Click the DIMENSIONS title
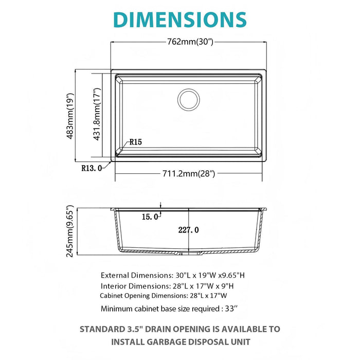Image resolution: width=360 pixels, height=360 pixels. (x=179, y=19)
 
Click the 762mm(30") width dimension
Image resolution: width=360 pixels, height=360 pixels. (x=189, y=42)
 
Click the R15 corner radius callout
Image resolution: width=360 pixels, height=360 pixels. (x=136, y=142)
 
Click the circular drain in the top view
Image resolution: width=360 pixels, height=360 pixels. (x=189, y=99)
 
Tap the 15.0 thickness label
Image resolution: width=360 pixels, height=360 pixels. (x=150, y=217)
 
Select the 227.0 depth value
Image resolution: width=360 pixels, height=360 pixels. (x=189, y=230)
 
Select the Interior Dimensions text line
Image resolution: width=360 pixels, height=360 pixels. (x=168, y=285)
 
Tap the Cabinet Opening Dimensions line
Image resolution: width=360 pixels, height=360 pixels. (x=163, y=296)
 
